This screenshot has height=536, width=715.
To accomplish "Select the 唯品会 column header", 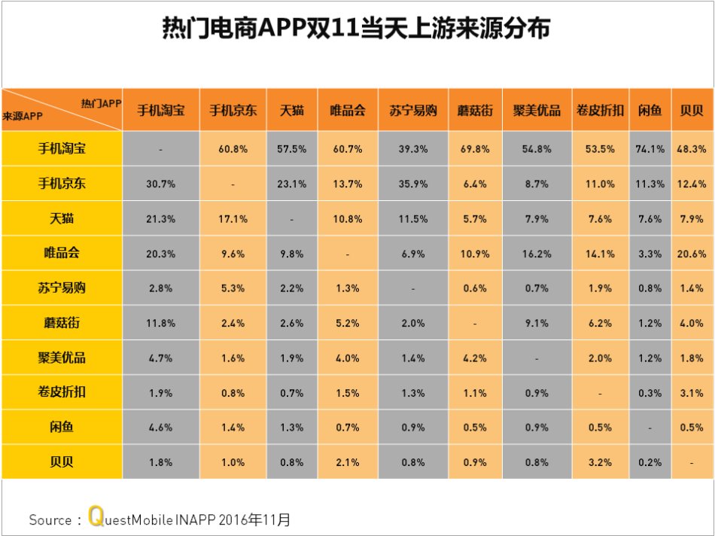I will pyautogui.click(x=348, y=110).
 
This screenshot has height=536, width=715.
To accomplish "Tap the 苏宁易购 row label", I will pyautogui.click(x=62, y=288).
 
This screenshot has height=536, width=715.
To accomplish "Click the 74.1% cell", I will pyautogui.click(x=650, y=149).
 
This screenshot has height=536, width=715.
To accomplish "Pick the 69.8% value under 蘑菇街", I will pyautogui.click(x=475, y=149).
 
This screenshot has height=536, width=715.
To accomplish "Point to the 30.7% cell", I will pyautogui.click(x=160, y=184).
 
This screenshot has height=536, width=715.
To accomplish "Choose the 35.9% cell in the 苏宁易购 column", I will pyautogui.click(x=412, y=184).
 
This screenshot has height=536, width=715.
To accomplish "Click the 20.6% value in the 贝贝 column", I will pyautogui.click(x=692, y=254).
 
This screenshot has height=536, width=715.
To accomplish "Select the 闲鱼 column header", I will pyautogui.click(x=650, y=110).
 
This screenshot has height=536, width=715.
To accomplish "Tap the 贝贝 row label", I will pyautogui.click(x=62, y=461).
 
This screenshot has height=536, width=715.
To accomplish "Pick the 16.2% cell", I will pyautogui.click(x=536, y=254).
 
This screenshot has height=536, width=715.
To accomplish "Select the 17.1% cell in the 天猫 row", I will pyautogui.click(x=233, y=219).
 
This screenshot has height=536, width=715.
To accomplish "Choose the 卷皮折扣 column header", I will pyautogui.click(x=599, y=110).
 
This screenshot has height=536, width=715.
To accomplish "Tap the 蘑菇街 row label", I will pyautogui.click(x=62, y=322).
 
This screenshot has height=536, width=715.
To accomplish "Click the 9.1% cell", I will pyautogui.click(x=536, y=323).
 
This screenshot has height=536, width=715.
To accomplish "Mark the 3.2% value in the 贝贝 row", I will pyautogui.click(x=599, y=461).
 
